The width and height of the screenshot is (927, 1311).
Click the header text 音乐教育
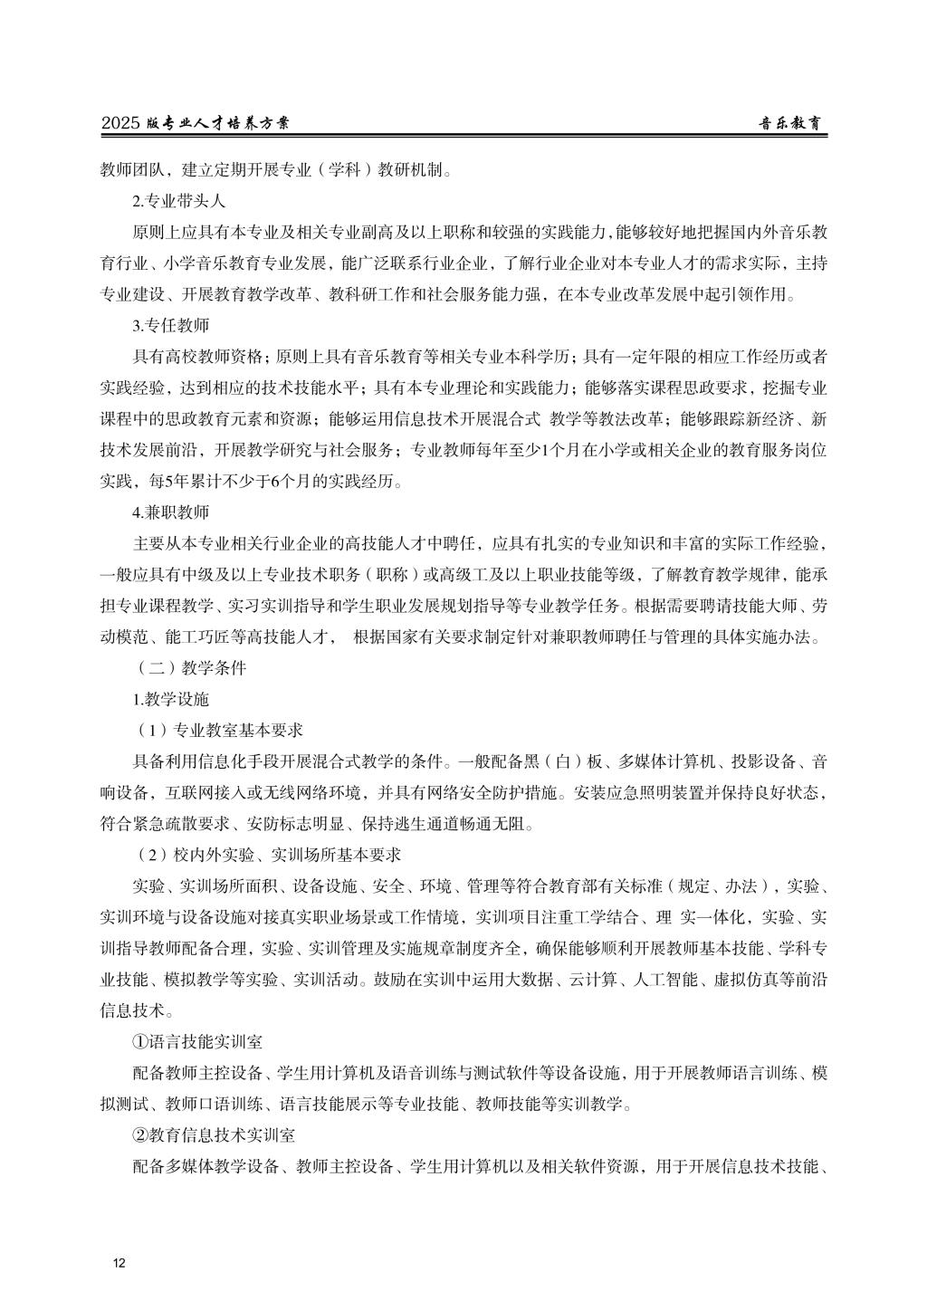click(x=793, y=124)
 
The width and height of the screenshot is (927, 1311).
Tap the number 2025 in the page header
click(x=120, y=124)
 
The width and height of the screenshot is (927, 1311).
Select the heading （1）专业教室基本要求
click(x=218, y=730)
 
